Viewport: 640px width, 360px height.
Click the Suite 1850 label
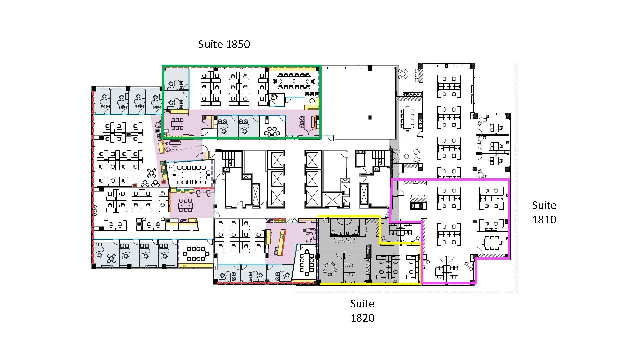[x=224, y=44]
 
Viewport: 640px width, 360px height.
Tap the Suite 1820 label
[x=362, y=310]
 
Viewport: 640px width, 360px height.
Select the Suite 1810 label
[x=544, y=212]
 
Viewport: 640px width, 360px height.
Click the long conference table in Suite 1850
[x=294, y=81]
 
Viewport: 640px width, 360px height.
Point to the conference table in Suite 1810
[x=492, y=242]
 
